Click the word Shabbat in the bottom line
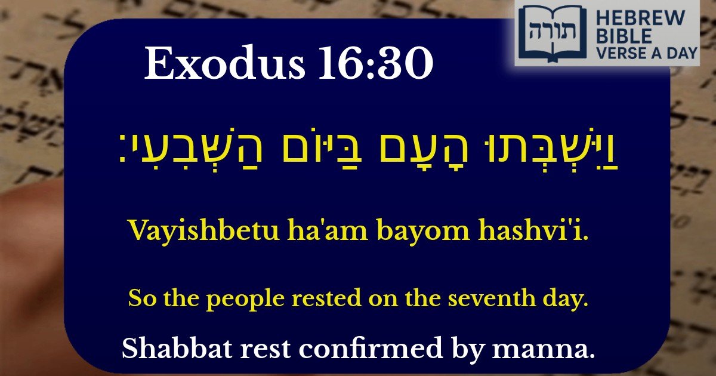pos(165,348)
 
